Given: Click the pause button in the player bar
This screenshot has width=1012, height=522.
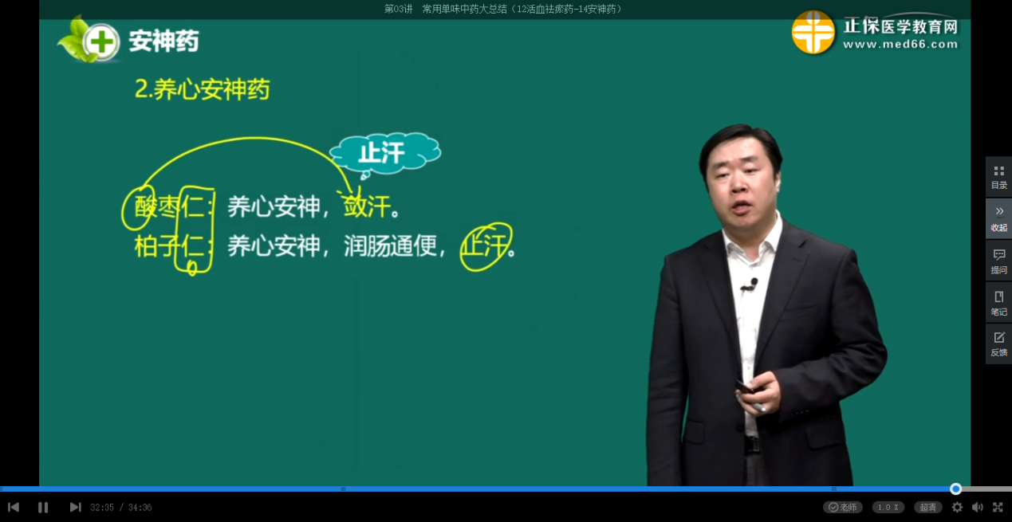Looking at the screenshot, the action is tap(43, 508).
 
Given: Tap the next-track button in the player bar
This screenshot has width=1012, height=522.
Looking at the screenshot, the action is tap(76, 508).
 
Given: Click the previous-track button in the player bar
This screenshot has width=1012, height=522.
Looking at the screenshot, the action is tap(14, 508).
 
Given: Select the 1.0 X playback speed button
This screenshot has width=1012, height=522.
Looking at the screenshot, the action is tap(888, 508).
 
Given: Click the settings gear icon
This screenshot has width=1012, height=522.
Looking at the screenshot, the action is tap(957, 508).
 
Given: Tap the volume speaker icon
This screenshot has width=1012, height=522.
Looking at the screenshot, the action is tap(977, 508).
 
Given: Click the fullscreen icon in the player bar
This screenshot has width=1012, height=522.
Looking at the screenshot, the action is tap(998, 508).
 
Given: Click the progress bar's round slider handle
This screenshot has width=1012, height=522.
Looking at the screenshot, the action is tap(955, 489).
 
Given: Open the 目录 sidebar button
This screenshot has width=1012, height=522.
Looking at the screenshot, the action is tap(999, 178).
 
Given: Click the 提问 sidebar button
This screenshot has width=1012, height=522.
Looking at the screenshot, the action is tap(999, 261).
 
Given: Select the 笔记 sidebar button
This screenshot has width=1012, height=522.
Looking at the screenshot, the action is tap(999, 304).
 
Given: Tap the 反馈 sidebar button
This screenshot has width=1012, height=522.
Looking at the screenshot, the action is tap(999, 344).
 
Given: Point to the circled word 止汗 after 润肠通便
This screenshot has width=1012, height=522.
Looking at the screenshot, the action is tap(486, 246).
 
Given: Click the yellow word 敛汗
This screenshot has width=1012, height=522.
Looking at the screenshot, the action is tap(367, 207).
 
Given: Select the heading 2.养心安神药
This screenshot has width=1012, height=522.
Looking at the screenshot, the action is tap(202, 89).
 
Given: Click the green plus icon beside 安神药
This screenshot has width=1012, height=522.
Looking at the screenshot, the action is tap(101, 42).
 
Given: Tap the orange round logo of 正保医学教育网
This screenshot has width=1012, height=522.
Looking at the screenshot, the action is tap(813, 33).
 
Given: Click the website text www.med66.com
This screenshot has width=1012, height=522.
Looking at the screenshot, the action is tap(900, 45).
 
